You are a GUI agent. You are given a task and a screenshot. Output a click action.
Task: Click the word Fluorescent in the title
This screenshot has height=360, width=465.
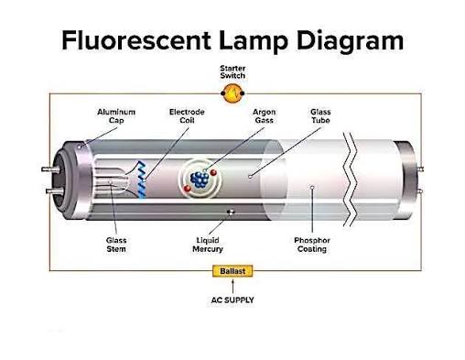pyautogui.click(x=136, y=40)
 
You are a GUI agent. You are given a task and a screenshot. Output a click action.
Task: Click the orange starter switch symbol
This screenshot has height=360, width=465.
pyautogui.click(x=232, y=93)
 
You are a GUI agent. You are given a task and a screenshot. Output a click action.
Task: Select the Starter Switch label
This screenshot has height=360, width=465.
pyautogui.click(x=232, y=72)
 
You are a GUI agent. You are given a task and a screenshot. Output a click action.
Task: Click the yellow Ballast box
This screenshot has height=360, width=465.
pyautogui.click(x=232, y=271)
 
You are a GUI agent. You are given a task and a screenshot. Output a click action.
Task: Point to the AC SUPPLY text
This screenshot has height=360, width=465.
pyautogui.click(x=232, y=300)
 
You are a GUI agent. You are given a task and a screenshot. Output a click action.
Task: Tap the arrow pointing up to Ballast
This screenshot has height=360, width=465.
pyautogui.click(x=232, y=286)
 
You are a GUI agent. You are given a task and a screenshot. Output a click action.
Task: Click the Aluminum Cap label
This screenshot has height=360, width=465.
pyautogui.click(x=116, y=116)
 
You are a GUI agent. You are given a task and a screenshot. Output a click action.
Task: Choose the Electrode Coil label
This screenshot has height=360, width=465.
pyautogui.click(x=187, y=116)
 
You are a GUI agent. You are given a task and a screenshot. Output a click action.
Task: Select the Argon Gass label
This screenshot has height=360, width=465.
pyautogui.click(x=264, y=116)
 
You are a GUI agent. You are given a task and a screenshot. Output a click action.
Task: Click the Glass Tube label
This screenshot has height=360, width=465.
pyautogui.click(x=320, y=116)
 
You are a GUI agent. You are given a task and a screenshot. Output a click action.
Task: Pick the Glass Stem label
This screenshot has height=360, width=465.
pyautogui.click(x=116, y=245)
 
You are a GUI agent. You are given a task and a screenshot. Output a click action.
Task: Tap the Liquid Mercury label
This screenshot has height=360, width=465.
pyautogui.click(x=208, y=245)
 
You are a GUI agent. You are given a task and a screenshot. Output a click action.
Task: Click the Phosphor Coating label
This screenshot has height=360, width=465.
pyautogui.click(x=312, y=245)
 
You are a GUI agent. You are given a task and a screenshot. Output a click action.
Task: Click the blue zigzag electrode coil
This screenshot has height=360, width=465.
pyautogui.click(x=141, y=180)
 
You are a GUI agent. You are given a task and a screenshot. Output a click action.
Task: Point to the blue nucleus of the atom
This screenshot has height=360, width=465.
pyautogui.click(x=200, y=180)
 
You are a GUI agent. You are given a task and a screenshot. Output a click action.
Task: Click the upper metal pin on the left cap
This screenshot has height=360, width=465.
pyautogui.click(x=49, y=169)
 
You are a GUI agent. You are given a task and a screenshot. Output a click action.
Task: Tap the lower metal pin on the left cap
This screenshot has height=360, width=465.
pyautogui.click(x=54, y=191)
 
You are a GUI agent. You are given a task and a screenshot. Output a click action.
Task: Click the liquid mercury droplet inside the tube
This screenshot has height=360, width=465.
pyautogui.click(x=231, y=213)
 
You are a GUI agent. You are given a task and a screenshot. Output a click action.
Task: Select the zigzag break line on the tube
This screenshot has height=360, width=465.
pyautogui.click(x=350, y=180)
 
